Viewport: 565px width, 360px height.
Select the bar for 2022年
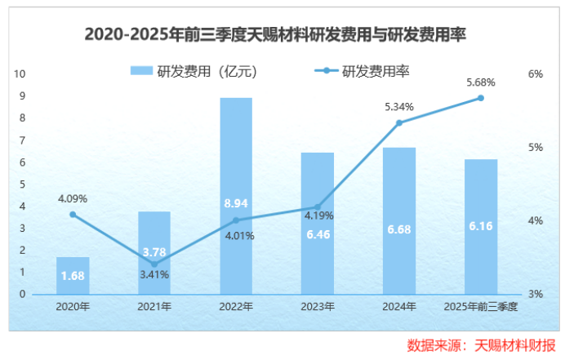236,196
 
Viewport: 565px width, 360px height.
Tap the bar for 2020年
73,275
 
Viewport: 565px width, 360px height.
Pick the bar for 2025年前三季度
481,226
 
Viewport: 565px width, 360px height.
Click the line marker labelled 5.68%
481,98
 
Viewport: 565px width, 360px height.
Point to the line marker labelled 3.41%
154,264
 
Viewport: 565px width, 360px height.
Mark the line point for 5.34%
399,122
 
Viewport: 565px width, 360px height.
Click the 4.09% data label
73,198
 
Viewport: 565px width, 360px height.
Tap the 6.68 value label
399,228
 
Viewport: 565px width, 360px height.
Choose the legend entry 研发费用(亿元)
196,71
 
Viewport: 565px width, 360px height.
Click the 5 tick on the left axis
22,184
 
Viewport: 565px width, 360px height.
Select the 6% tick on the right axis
536,74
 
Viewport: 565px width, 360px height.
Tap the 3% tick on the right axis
536,294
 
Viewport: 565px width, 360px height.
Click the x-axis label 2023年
318,307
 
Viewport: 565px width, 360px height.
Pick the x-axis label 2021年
154,307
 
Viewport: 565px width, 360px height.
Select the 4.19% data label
318,216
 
